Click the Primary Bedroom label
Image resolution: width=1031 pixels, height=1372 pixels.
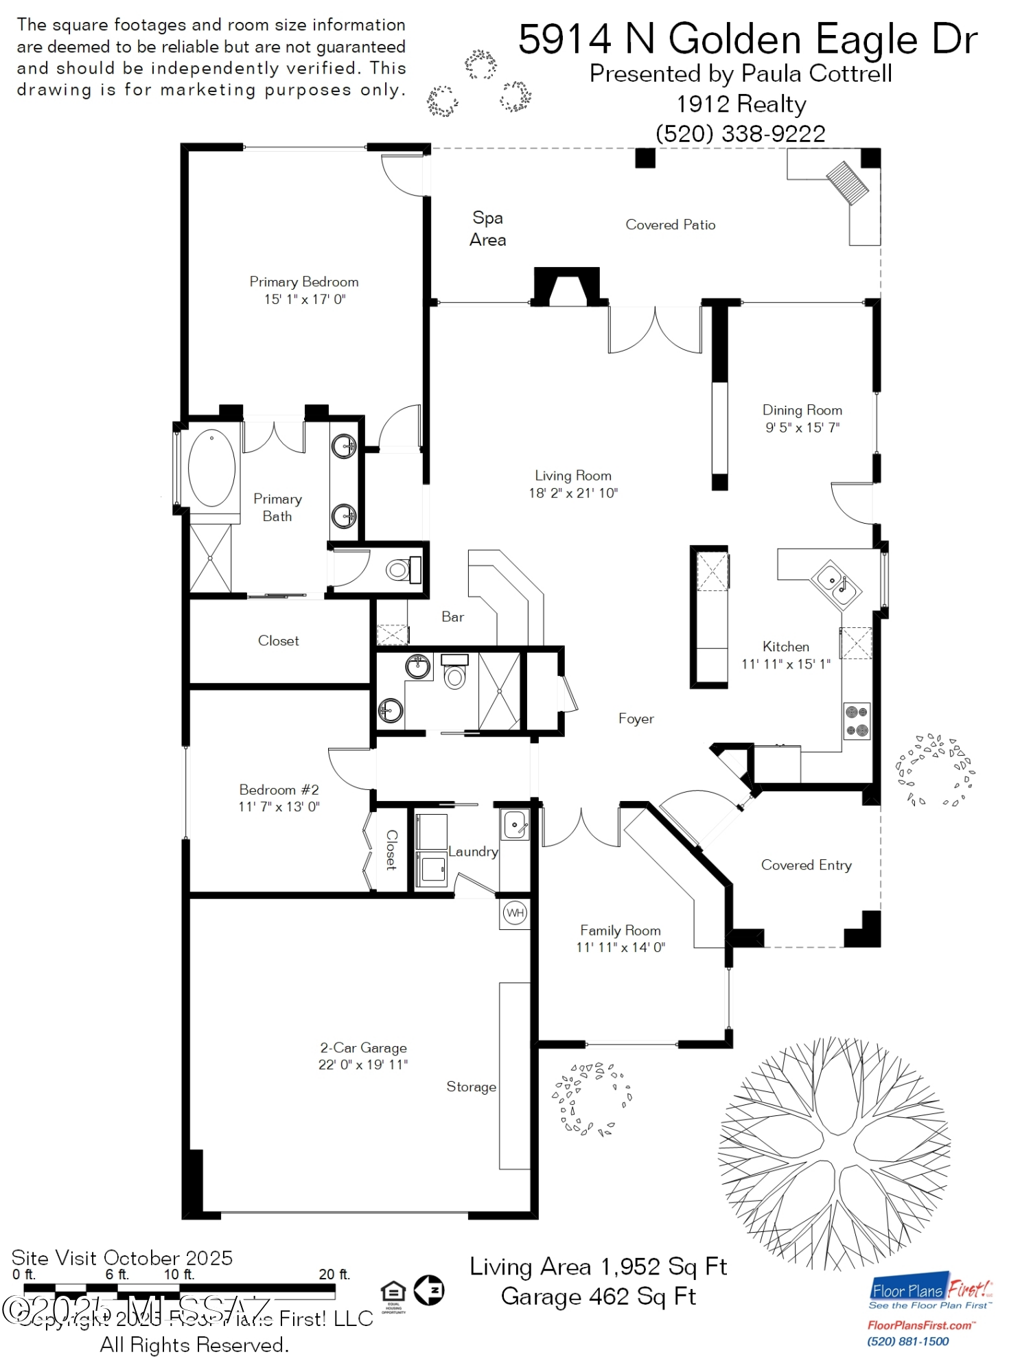[303, 281]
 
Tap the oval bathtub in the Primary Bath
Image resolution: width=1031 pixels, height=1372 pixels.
[211, 467]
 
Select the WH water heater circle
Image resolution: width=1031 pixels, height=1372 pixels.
[515, 913]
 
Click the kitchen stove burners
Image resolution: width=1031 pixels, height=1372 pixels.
[857, 721]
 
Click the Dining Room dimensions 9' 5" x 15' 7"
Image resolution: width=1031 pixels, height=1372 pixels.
[802, 428]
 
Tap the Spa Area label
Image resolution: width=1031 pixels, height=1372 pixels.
[487, 229]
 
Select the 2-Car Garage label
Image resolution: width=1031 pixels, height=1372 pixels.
[363, 1048]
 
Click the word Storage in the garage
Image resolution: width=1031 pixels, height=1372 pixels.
[471, 1086]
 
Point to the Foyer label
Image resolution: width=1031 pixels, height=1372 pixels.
[636, 719]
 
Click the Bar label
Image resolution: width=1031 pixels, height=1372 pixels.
[452, 617]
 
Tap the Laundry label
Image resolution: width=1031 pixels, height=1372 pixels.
[473, 852]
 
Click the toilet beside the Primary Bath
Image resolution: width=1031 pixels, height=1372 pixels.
[398, 570]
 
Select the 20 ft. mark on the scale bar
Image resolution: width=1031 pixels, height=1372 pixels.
[334, 1275]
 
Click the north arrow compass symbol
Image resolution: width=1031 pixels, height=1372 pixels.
[430, 1290]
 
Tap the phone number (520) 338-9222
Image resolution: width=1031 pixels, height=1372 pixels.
[741, 134]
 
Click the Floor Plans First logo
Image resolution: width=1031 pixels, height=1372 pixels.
[929, 1294]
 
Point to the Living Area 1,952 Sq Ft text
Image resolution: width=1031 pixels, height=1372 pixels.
[598, 1266]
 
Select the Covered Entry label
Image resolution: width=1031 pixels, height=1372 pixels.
[806, 865]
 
